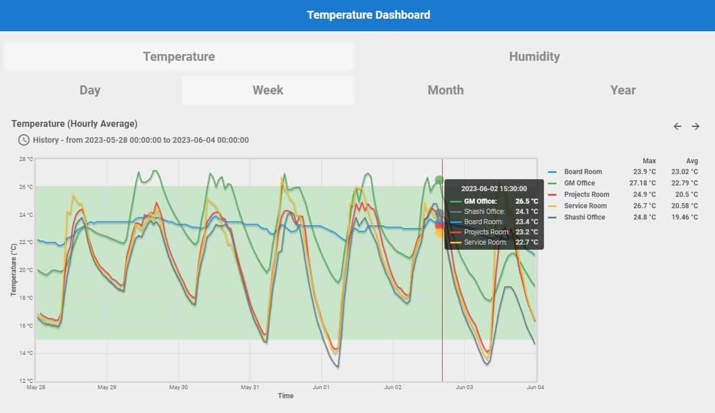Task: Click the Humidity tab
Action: point(534,56)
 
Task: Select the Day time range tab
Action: point(90,90)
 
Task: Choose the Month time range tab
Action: point(446,90)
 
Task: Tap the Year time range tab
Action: point(623,90)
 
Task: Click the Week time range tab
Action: point(268,90)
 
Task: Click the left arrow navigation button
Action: point(677,126)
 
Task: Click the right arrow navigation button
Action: point(696,126)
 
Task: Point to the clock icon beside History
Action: point(24,140)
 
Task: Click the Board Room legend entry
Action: point(583,172)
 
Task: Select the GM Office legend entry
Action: point(579,183)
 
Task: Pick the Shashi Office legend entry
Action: point(584,217)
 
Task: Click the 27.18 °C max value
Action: point(645,183)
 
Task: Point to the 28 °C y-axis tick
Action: point(26,159)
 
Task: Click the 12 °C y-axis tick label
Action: point(26,381)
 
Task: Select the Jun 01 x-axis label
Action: point(321,387)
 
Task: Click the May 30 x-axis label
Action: point(178,387)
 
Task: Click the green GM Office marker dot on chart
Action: point(439,180)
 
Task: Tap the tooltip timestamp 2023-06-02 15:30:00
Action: point(493,188)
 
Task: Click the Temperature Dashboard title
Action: point(368,15)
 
